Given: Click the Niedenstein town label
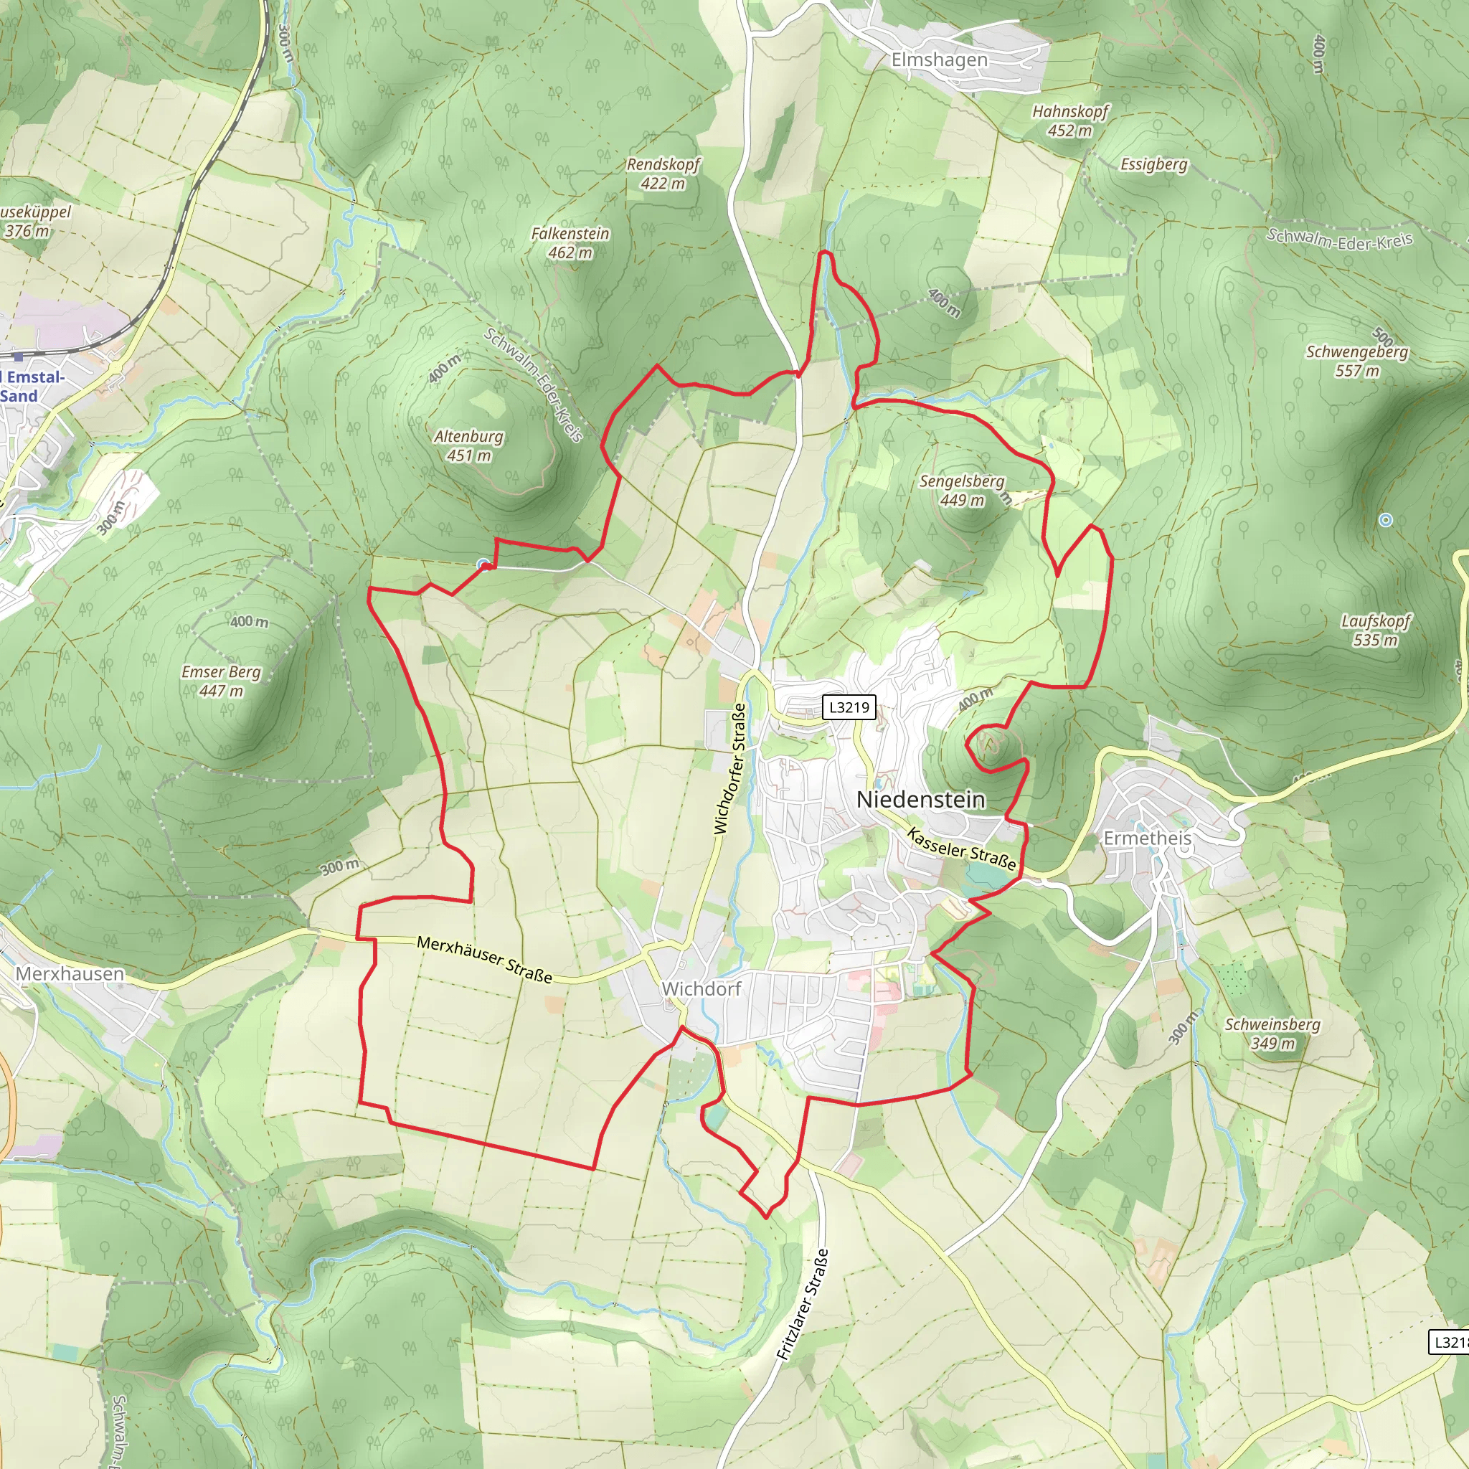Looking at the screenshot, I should pyautogui.click(x=920, y=800).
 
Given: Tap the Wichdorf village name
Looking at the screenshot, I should pyautogui.click(x=701, y=989).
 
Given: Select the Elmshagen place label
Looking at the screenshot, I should pyautogui.click(x=939, y=60).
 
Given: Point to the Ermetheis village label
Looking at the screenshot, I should pyautogui.click(x=1148, y=838).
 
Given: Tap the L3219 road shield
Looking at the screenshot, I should pyautogui.click(x=849, y=708).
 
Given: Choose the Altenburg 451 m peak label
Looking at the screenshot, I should pyautogui.click(x=468, y=446).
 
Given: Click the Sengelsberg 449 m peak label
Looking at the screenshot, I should pyautogui.click(x=962, y=491).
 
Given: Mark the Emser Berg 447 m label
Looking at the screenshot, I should pyautogui.click(x=220, y=681).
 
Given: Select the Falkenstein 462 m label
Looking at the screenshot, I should pyautogui.click(x=570, y=243).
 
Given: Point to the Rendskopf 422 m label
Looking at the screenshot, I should pyautogui.click(x=663, y=174).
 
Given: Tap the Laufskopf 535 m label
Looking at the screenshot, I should pyautogui.click(x=1376, y=630).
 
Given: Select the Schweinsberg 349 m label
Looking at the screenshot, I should pyautogui.click(x=1272, y=1034).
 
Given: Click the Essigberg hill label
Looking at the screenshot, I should pyautogui.click(x=1153, y=164).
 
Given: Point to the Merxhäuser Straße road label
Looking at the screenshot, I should pyautogui.click(x=484, y=960).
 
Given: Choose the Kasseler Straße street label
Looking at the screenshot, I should pyautogui.click(x=961, y=849).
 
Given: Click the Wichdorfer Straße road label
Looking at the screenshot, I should pyautogui.click(x=729, y=769).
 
